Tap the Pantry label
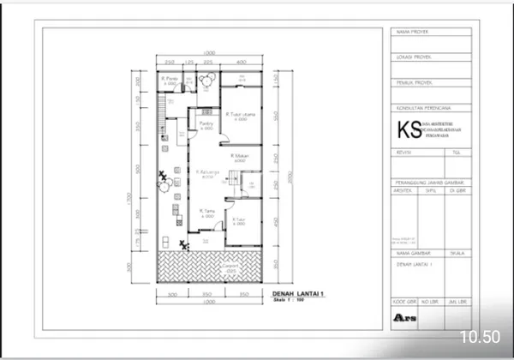pos(206,123)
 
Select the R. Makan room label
pos(239,157)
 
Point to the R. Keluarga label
pos(207,174)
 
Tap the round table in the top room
pos(206,80)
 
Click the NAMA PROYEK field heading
pos(410,32)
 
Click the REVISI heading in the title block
pos(402,151)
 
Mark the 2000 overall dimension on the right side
pos(291,176)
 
